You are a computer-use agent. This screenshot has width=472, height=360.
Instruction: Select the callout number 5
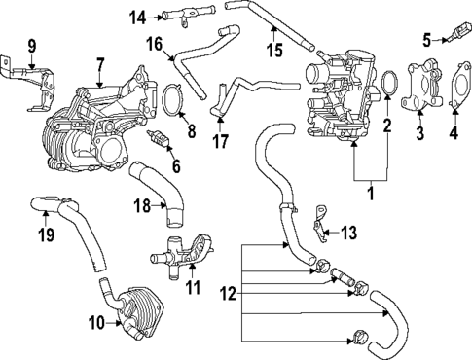pyautogui.click(x=426, y=39)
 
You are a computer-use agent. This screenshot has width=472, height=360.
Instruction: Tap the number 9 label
pyautogui.click(x=31, y=45)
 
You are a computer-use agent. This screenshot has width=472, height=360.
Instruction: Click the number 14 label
pyautogui.click(x=139, y=17)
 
